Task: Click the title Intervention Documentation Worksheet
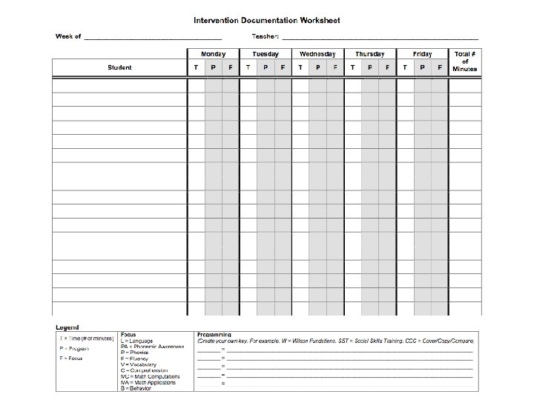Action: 267,21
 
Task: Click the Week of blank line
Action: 152,38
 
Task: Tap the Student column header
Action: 119,67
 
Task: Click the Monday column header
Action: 213,54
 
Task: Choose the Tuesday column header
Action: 265,54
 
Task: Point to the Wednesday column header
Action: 317,54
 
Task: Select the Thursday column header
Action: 369,54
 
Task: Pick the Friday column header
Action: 422,54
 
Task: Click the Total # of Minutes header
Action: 465,61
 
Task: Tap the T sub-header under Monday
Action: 196,67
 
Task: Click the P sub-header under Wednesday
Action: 317,67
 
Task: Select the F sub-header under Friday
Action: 440,67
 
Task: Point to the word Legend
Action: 67,327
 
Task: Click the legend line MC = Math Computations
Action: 151,376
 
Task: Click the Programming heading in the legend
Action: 214,333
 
